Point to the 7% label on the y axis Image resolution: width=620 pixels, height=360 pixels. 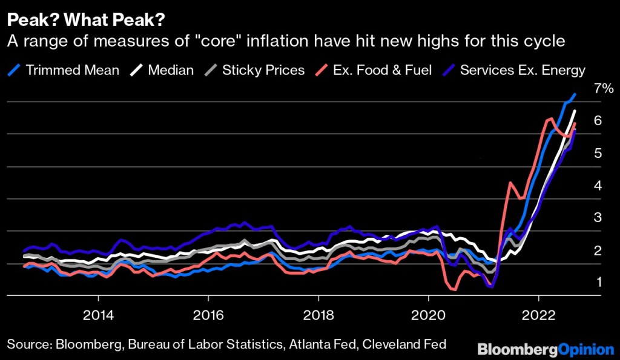(x=603, y=89)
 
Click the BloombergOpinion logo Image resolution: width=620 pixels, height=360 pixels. (x=544, y=349)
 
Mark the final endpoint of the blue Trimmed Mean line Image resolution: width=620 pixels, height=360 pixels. (x=575, y=94)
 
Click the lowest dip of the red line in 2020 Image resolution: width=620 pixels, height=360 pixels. (x=453, y=290)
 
